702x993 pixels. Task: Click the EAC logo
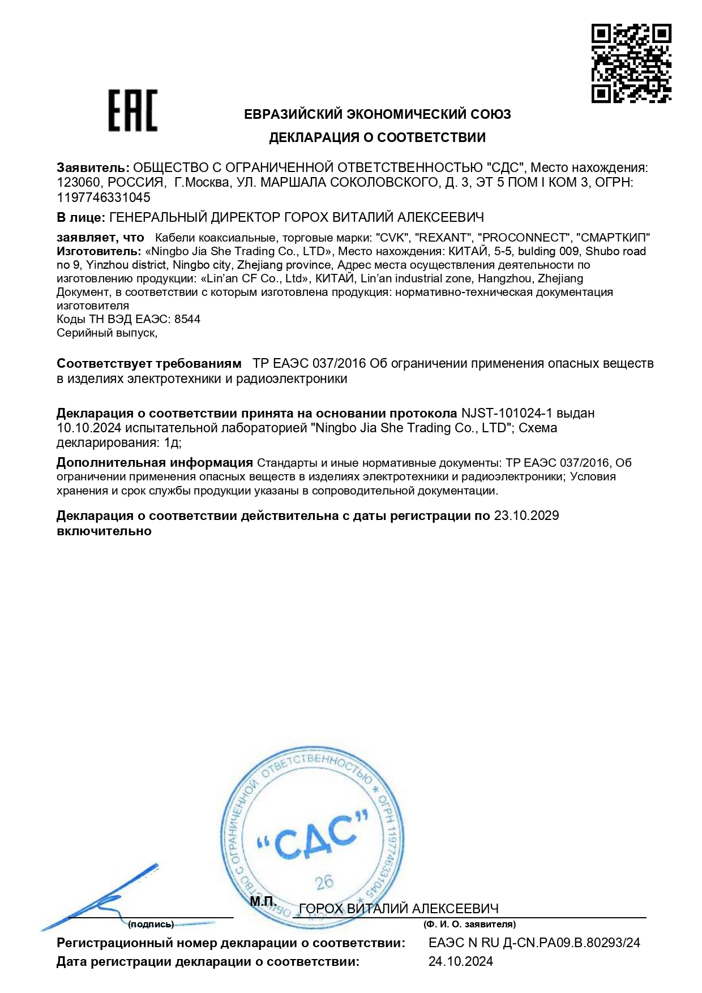132,110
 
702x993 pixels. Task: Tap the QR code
631,63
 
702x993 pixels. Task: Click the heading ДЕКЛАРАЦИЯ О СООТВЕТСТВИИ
377,137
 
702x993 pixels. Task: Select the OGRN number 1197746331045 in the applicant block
104,197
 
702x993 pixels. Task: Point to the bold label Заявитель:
93,168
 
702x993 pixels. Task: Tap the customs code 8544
187,319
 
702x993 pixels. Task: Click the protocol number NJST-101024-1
506,414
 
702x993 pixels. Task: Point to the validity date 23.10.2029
526,515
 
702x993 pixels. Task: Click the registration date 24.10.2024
460,961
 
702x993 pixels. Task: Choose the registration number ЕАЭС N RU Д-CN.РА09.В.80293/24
534,943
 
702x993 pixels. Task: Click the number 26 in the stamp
324,882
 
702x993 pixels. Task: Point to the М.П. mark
263,902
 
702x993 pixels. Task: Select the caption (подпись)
151,924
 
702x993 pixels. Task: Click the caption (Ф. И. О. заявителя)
469,924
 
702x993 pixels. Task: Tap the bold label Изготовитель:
99,251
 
